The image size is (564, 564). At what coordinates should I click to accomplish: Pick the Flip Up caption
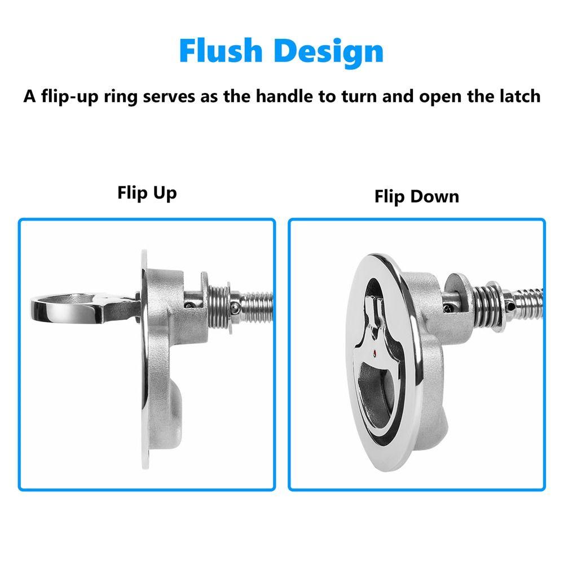click(x=147, y=193)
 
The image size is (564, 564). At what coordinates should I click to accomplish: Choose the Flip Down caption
click(x=416, y=196)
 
